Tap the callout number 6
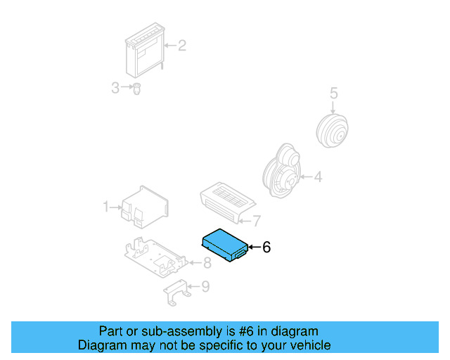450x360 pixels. pyautogui.click(x=266, y=247)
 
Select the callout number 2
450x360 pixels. pyautogui.click(x=181, y=46)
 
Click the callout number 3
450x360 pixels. pyautogui.click(x=115, y=88)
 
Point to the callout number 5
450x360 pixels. pyautogui.click(x=334, y=93)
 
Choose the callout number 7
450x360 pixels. pyautogui.click(x=257, y=221)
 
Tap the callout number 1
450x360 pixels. pyautogui.click(x=106, y=207)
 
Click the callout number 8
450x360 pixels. pyautogui.click(x=207, y=264)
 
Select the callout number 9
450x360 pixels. pyautogui.click(x=205, y=286)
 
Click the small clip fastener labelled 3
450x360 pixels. pyautogui.click(x=137, y=89)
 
